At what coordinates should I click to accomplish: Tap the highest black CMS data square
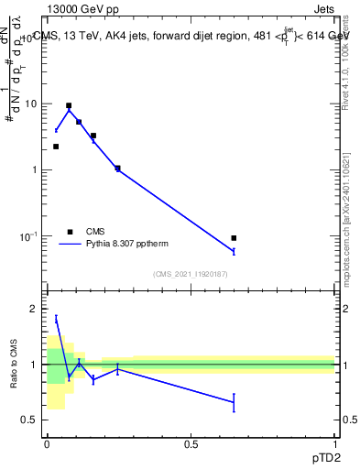click(x=69, y=105)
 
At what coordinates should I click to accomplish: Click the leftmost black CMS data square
click(x=56, y=147)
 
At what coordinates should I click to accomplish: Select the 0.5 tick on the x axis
click(x=191, y=443)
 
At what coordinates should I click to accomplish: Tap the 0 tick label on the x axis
click(x=46, y=443)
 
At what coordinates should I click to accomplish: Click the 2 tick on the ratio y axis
click(x=35, y=309)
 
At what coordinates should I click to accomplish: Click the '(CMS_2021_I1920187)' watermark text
click(x=191, y=274)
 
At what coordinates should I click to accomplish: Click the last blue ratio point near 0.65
click(x=234, y=402)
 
